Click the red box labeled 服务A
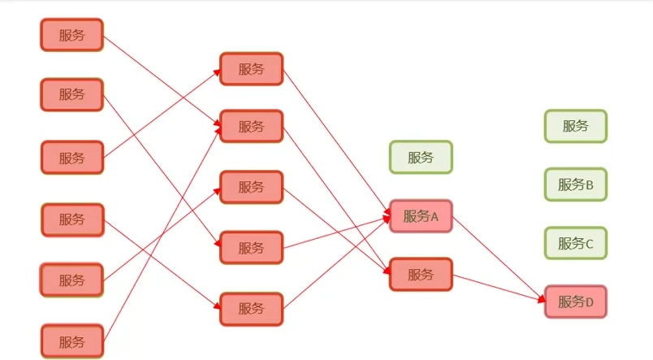(x=421, y=216)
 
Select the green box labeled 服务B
(x=575, y=184)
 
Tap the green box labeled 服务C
(x=575, y=243)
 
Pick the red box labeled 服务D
(x=575, y=302)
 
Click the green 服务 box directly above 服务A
(x=421, y=157)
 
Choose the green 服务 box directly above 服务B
(x=575, y=126)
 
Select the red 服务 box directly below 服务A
(x=421, y=274)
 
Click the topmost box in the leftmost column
(x=72, y=35)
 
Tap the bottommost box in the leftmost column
(x=72, y=340)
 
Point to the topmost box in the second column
(x=251, y=69)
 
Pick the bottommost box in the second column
(x=251, y=309)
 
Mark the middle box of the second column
(x=251, y=187)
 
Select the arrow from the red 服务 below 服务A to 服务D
(x=497, y=288)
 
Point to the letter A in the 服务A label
(x=435, y=217)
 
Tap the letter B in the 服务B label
(x=590, y=185)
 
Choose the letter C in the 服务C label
(x=590, y=244)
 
